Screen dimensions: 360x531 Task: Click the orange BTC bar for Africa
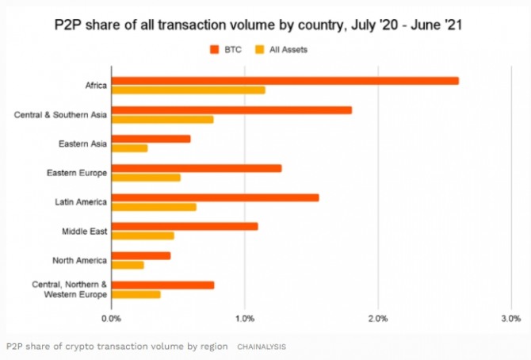pos(285,81)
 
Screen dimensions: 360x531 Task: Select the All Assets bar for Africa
pos(189,90)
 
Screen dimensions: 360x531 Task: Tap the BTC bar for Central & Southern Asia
pos(231,110)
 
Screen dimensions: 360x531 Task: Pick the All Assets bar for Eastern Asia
pos(129,148)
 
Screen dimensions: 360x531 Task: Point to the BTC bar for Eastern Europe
pos(197,168)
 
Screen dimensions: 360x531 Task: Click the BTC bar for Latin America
pos(215,197)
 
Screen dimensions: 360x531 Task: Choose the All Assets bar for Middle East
pos(143,236)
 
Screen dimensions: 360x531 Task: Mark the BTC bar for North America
pos(141,255)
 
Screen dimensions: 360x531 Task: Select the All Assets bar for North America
pos(128,265)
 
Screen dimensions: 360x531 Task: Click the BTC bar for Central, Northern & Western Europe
pos(162,285)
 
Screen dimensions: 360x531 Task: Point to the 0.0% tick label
pos(112,319)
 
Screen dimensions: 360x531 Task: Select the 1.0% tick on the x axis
pos(245,319)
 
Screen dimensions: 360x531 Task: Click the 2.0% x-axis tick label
pos(378,319)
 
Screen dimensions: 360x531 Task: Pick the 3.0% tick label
pos(510,319)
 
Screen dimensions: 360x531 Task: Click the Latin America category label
pos(81,201)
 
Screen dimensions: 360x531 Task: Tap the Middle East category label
pos(84,231)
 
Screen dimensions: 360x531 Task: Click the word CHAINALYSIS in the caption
pos(262,347)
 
